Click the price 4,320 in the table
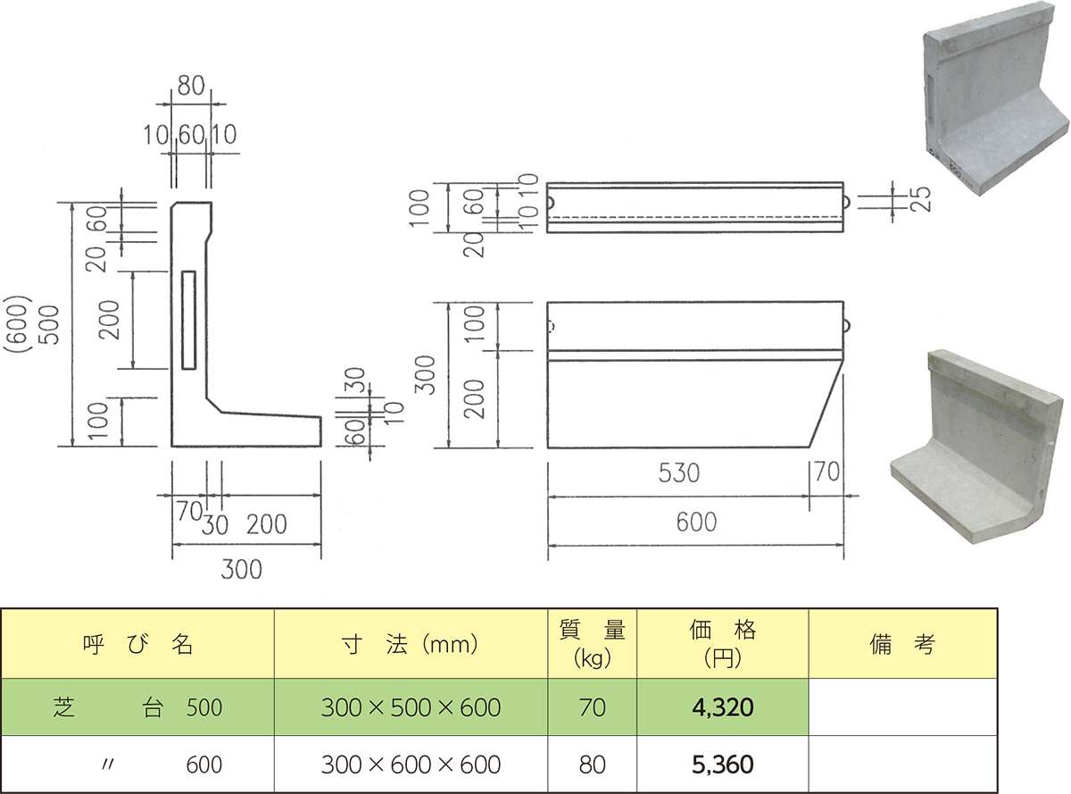point(722,708)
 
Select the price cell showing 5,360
point(722,765)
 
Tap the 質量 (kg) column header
point(592,643)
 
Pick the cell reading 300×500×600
point(411,708)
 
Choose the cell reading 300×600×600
point(411,765)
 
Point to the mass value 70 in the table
point(592,708)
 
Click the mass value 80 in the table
point(592,765)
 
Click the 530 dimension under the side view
point(680,472)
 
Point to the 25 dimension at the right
point(922,199)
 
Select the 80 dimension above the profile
point(191,86)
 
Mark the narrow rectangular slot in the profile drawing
point(188,320)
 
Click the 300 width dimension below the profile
point(243,567)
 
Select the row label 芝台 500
point(137,708)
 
